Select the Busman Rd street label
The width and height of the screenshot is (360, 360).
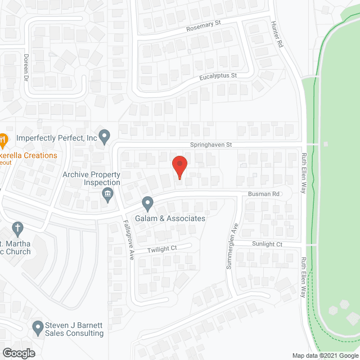tap(264, 193)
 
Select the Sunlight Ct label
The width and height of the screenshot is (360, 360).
tap(267, 245)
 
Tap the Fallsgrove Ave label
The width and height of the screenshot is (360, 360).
tap(127, 240)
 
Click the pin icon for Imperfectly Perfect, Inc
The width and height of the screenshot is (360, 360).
tap(104, 136)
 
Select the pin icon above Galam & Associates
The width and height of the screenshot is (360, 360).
tap(147, 202)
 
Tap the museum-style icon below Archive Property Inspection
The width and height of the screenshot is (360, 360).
tap(107, 195)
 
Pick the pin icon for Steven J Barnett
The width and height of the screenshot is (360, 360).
tap(38, 326)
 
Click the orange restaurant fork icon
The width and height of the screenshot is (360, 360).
tap(2, 138)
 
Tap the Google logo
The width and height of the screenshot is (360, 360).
tap(18, 353)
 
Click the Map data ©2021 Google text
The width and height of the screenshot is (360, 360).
tap(325, 355)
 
